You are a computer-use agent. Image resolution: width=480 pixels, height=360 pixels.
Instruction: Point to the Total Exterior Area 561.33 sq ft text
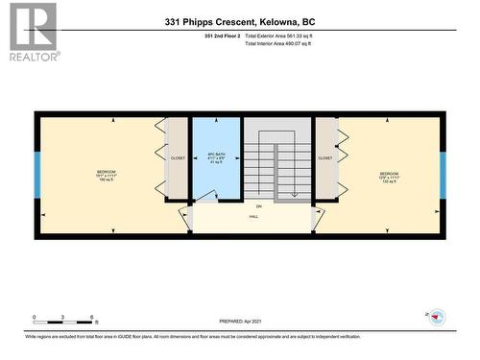pos(288,36)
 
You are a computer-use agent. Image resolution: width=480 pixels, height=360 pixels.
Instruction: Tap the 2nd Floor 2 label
pos(222,36)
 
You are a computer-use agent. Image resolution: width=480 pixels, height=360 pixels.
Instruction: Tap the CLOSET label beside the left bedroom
pos(178,157)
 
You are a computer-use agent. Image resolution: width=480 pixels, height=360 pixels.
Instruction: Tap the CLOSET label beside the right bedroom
pos(325,157)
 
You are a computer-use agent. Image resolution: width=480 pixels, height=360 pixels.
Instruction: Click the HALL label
pos(254,217)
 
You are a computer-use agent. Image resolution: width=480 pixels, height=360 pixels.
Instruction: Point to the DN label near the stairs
pos(258,206)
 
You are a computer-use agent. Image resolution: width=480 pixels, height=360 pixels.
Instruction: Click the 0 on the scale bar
pos(35,318)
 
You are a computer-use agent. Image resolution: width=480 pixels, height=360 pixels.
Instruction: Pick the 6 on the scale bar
pos(92,318)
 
